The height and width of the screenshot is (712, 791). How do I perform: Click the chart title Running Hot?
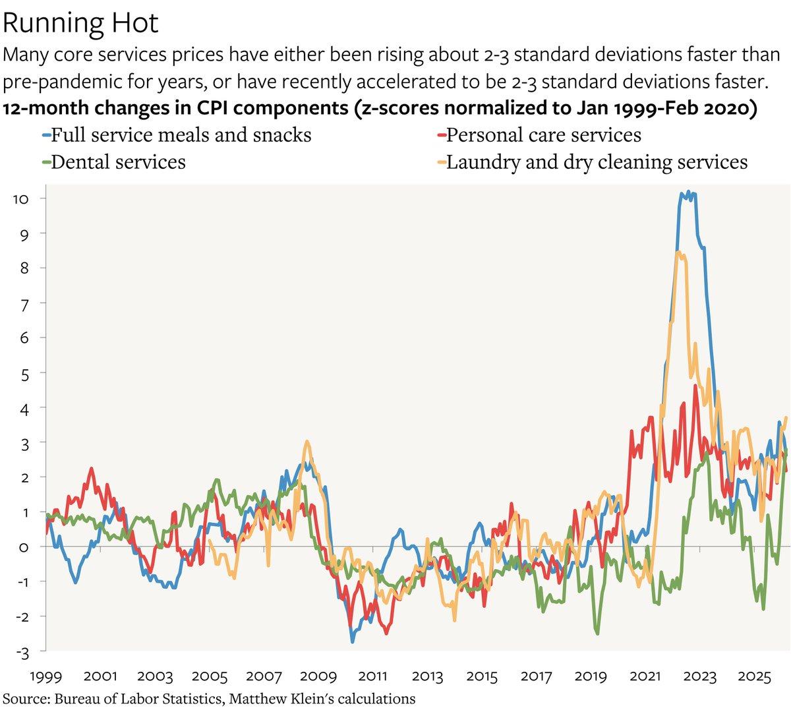coord(81,22)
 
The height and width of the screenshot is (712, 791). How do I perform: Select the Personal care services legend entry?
coord(543,135)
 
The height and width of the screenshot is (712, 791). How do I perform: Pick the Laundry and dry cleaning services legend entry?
coord(597,162)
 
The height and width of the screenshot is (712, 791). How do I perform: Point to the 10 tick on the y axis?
coord(20,198)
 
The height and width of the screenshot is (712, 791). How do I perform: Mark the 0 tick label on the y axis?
coord(23,547)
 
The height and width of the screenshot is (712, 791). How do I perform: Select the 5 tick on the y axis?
coord(23,372)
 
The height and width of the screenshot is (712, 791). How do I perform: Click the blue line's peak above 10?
coord(688,192)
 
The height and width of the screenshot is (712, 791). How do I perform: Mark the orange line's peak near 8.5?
coord(679,252)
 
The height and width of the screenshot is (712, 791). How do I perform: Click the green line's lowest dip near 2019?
coord(597,634)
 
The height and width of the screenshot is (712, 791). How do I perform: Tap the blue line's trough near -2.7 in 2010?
coord(353,641)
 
